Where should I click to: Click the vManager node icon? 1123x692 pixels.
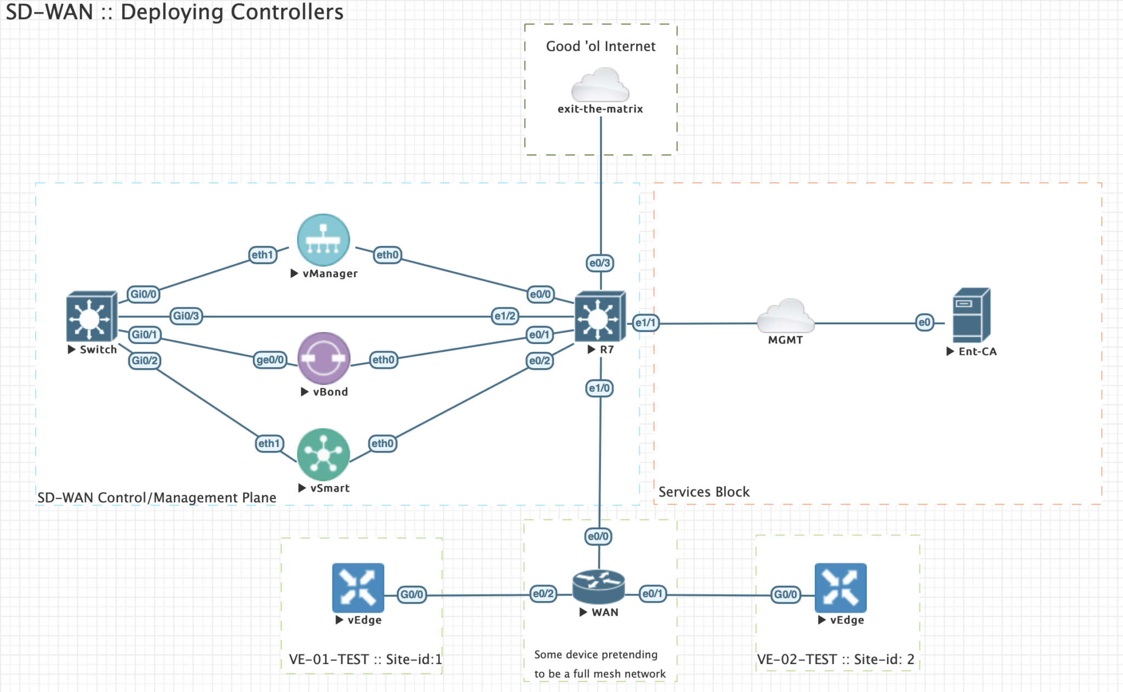(x=323, y=240)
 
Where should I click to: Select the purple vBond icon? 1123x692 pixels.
(x=324, y=358)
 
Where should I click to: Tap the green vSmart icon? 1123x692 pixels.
(x=324, y=454)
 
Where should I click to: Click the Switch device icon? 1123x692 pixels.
(x=91, y=317)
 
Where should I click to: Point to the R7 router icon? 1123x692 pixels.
(x=599, y=317)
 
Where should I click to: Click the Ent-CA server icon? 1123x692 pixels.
(x=971, y=316)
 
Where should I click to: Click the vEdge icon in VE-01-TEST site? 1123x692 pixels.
(x=358, y=588)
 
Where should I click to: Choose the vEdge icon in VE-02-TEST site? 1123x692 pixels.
(x=840, y=588)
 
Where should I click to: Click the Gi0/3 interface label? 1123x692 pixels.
(x=186, y=316)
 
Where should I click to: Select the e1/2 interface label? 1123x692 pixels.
(x=504, y=316)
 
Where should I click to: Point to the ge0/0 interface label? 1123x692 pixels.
(x=270, y=360)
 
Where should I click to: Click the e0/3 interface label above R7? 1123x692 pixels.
(x=599, y=263)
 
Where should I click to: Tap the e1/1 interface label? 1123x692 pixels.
(x=645, y=323)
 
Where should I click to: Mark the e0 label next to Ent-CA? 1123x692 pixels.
(x=924, y=322)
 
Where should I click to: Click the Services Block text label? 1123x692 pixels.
(x=704, y=492)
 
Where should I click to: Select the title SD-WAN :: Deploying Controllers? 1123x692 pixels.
(x=174, y=12)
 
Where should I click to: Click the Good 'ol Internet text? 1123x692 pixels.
(x=600, y=47)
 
